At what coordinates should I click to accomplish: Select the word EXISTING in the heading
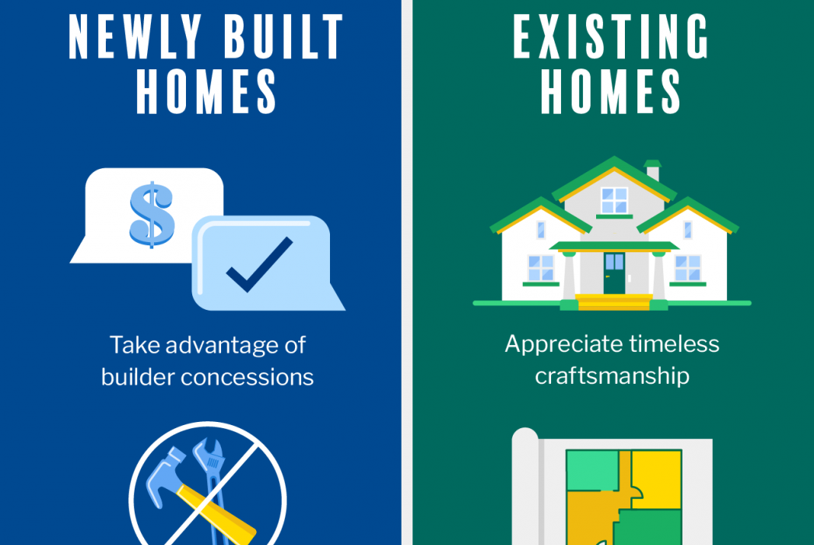click(x=611, y=37)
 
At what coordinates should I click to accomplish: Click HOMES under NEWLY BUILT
click(x=206, y=92)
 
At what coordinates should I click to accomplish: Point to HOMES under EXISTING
click(x=610, y=92)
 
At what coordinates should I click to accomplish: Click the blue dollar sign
click(x=152, y=215)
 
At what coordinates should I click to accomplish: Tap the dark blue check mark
click(x=260, y=265)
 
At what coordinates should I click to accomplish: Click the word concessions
click(x=247, y=378)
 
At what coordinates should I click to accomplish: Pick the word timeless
click(x=675, y=344)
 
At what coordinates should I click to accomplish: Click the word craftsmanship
click(x=612, y=376)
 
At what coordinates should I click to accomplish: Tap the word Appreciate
click(x=563, y=345)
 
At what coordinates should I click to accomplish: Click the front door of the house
click(x=614, y=273)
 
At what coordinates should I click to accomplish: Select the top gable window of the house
click(x=614, y=200)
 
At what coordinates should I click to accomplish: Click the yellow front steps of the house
click(x=614, y=301)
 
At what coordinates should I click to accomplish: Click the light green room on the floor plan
click(x=592, y=469)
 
